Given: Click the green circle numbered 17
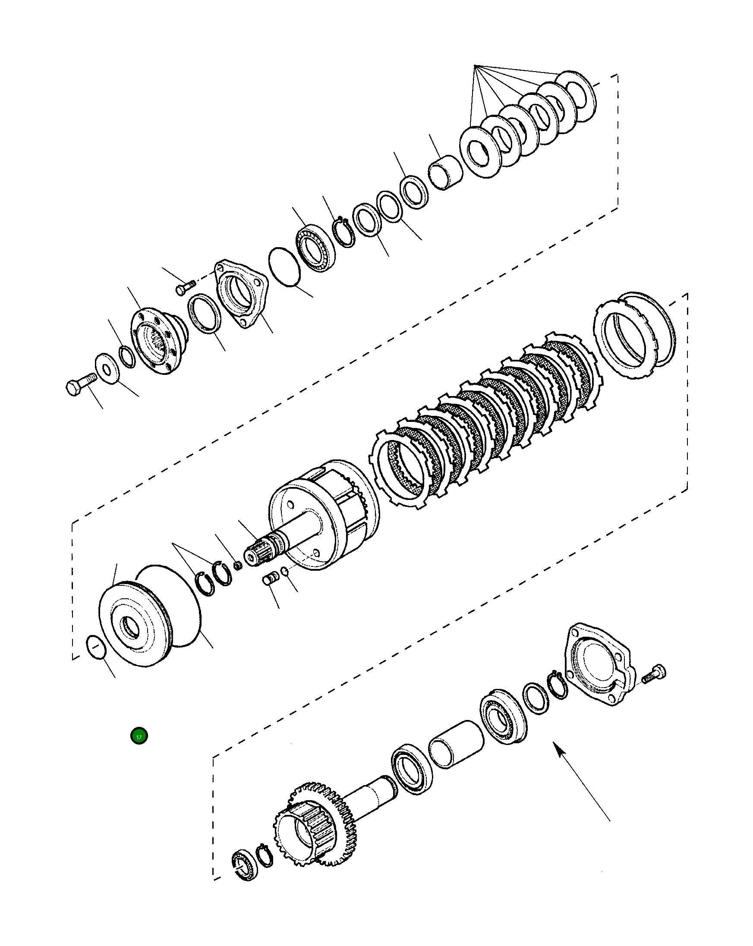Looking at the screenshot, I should tap(139, 736).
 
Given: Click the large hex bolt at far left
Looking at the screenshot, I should tap(80, 384).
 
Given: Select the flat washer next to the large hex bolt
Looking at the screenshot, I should tap(107, 367).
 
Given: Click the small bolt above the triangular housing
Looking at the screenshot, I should tap(185, 288).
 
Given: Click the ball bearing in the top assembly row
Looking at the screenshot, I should tap(315, 248).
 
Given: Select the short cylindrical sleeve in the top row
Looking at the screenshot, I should tap(445, 172).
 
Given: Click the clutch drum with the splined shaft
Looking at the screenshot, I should tap(322, 515).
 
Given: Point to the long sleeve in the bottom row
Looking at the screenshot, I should tap(457, 745).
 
